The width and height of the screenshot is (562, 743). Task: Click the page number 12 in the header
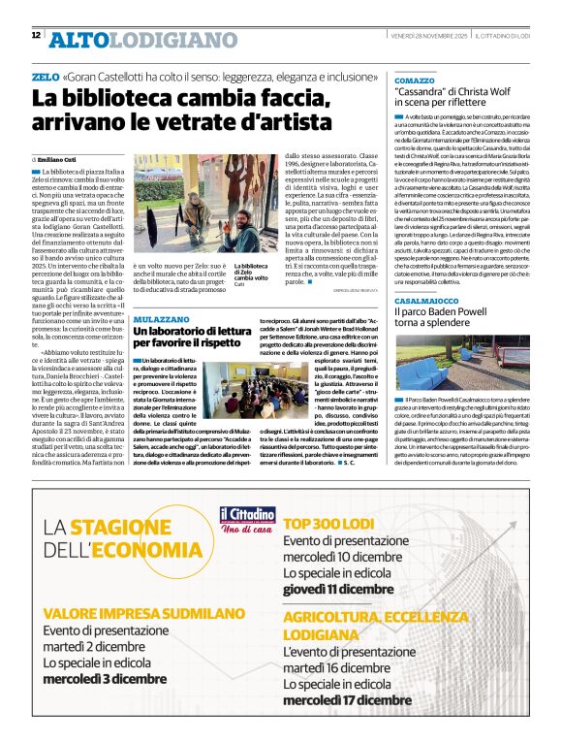(x=36, y=36)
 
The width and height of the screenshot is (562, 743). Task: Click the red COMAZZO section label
(x=415, y=80)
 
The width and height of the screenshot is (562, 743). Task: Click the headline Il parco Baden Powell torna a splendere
(x=448, y=321)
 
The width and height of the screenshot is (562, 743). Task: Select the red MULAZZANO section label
(x=160, y=317)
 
